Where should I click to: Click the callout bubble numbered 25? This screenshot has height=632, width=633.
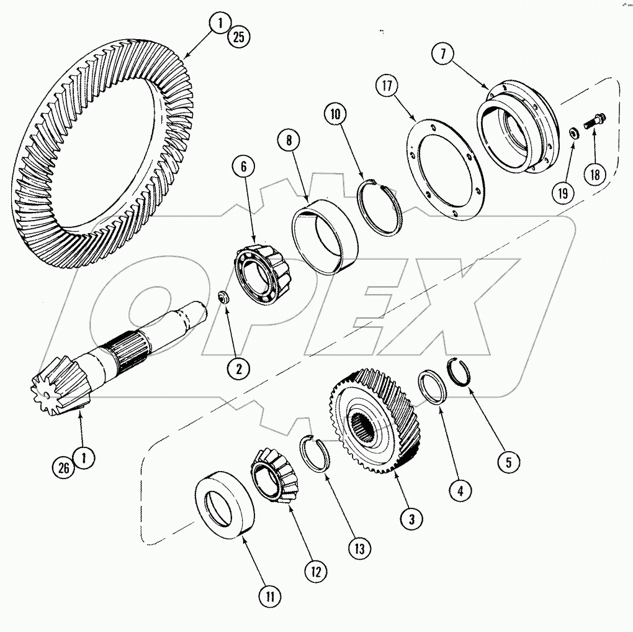238,38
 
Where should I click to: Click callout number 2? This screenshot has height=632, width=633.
238,368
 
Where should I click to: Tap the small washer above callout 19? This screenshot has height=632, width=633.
575,132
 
